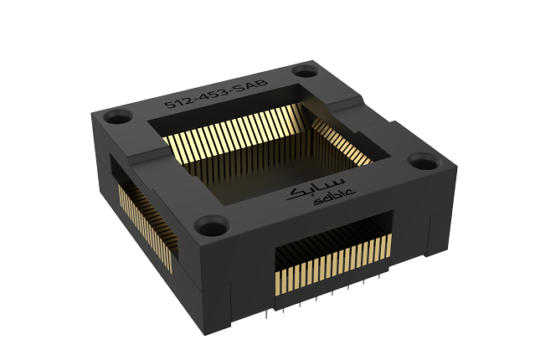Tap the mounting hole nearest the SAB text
tap(301, 71)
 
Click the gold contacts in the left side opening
tap(143, 223)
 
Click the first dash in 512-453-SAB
tap(192, 98)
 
